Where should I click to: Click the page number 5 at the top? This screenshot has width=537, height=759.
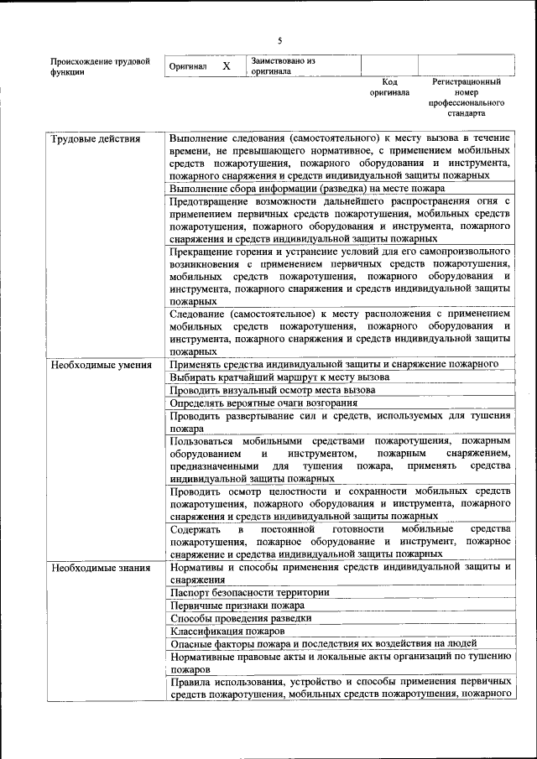click(x=280, y=39)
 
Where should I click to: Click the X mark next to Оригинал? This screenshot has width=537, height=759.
click(x=226, y=65)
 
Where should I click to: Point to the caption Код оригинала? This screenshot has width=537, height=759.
click(x=389, y=87)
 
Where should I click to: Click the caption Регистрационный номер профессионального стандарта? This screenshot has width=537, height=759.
click(x=467, y=96)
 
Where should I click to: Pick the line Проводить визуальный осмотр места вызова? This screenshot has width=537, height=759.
click(x=272, y=390)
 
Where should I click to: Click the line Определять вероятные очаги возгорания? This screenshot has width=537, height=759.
click(x=263, y=403)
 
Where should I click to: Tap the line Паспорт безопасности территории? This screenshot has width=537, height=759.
click(x=248, y=592)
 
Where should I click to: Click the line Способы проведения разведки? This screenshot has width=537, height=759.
click(x=240, y=617)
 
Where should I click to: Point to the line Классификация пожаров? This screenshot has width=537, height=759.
click(x=227, y=631)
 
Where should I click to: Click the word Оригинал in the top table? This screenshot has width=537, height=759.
click(x=188, y=66)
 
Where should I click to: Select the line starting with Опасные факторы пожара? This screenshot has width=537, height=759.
click(x=312, y=643)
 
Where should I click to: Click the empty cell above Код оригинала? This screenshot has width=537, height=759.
click(x=389, y=65)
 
